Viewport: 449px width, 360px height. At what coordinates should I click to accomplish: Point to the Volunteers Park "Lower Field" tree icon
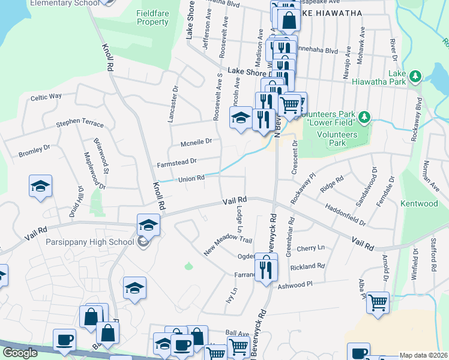tap(364, 116)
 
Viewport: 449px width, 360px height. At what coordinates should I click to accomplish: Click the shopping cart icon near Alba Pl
tap(378, 304)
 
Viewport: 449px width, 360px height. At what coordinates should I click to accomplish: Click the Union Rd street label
tap(191, 178)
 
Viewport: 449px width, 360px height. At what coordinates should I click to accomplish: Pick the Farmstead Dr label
tap(176, 161)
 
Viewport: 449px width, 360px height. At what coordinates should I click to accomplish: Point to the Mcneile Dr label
tap(196, 142)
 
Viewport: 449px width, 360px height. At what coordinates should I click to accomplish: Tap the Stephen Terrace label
tap(80, 124)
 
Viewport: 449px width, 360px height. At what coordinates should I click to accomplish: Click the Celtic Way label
tap(46, 97)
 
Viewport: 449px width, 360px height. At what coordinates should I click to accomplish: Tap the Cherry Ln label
tap(310, 248)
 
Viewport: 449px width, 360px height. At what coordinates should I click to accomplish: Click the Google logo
tap(20, 353)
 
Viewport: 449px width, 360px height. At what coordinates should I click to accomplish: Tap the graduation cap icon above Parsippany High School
tap(148, 226)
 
